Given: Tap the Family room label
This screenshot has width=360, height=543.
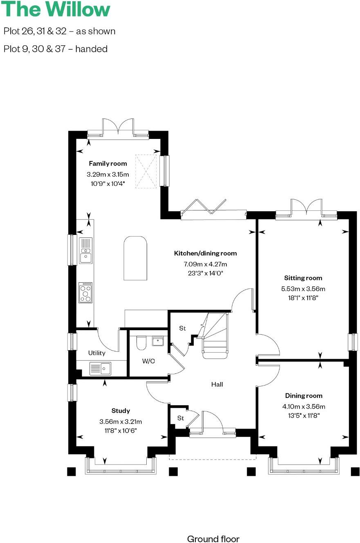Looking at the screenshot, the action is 108,163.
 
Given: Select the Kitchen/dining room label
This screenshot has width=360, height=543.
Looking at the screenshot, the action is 205,253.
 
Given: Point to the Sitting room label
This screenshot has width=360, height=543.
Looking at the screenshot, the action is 303,278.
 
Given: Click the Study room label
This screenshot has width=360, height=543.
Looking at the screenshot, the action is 121,411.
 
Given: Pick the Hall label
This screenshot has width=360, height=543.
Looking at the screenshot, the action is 217,384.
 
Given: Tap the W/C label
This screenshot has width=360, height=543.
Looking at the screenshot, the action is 148,361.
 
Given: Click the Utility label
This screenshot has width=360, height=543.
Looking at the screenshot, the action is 96,353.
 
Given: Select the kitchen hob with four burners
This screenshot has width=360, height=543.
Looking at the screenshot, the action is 85,293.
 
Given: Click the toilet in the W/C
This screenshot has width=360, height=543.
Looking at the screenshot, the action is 141,343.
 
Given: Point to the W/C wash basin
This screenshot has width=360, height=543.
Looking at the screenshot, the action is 158,341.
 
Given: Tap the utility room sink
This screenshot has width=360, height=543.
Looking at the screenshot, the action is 100,369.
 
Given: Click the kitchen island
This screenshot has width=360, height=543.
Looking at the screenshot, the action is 135,258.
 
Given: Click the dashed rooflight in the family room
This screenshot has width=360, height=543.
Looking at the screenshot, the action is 146,171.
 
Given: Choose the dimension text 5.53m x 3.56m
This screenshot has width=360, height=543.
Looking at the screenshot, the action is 303,289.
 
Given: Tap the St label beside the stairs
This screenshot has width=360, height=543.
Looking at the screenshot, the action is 182,328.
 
